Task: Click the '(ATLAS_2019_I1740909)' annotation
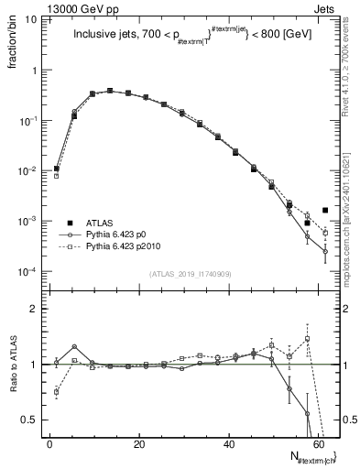coord(188,272)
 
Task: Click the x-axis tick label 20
coord(138,444)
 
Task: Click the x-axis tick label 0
coord(50,444)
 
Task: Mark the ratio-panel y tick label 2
coord(33,309)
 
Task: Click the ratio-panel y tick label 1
coord(33,365)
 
